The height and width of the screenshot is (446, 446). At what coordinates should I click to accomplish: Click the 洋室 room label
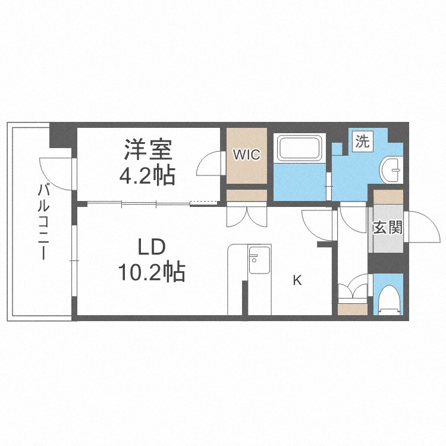148,150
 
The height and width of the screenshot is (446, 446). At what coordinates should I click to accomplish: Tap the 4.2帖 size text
148,174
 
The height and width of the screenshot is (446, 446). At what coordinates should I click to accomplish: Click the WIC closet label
246,155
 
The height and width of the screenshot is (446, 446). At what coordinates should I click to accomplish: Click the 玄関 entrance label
388,228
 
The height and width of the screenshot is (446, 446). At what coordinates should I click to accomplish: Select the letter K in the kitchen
297,281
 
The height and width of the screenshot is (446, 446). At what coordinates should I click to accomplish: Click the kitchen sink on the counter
259,259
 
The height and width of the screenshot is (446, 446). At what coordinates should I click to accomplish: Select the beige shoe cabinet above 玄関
388,196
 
